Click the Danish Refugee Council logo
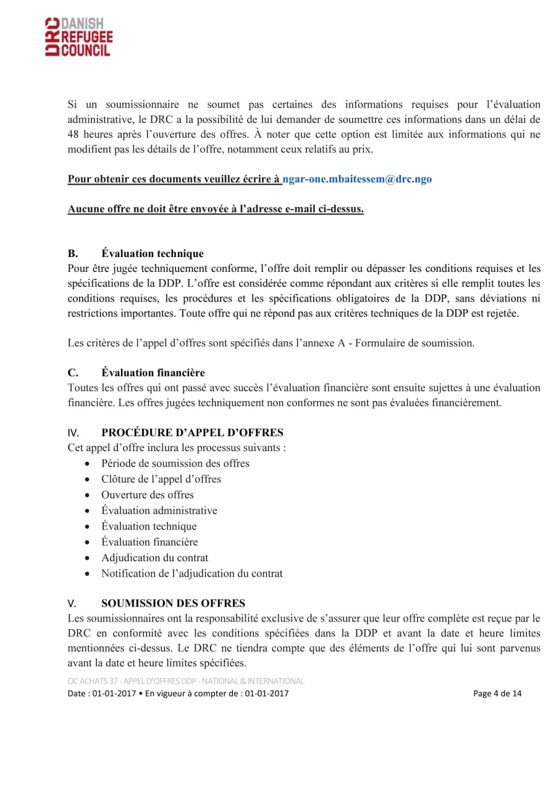[78, 38]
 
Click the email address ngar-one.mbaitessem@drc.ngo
[357, 179]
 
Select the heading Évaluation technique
[153, 253]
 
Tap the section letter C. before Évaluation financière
[73, 373]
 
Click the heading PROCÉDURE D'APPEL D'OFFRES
[192, 432]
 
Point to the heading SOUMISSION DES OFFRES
[173, 603]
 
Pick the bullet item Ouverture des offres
[148, 495]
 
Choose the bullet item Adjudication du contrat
[155, 557]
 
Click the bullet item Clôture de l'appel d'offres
[161, 479]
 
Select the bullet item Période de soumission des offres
[175, 463]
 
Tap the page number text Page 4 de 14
[497, 693]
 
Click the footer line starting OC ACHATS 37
[186, 681]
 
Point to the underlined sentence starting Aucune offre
[216, 209]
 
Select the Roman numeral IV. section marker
[74, 433]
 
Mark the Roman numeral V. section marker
[72, 604]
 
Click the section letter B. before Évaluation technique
[73, 253]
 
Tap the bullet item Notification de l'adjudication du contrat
[192, 573]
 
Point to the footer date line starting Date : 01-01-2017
[178, 693]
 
